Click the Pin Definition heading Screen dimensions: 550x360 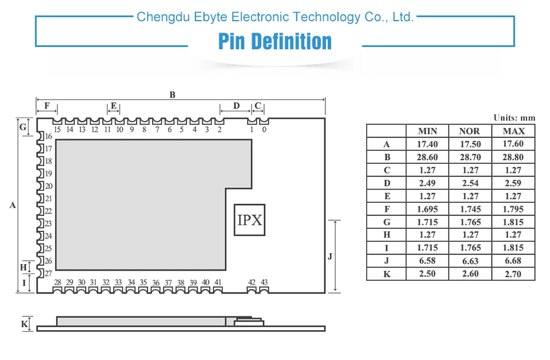275,42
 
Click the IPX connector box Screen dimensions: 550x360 250,220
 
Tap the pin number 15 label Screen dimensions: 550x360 57,130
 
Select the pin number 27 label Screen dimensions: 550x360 49,273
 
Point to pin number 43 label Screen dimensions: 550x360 264,282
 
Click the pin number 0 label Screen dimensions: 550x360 264,130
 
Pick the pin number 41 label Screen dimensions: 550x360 218,282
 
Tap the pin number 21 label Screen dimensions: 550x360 49,199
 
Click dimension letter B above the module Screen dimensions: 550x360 172,95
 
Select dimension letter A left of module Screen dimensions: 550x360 13,205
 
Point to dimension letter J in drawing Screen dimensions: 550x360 330,256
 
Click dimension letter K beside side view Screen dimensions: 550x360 25,324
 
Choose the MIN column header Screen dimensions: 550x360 427,131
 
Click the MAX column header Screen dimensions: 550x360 513,131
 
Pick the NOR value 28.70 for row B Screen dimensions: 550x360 470,157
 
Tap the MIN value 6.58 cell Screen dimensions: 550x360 427,261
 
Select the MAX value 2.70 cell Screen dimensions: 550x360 513,273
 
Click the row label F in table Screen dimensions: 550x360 387,209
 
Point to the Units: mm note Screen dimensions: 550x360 514,118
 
